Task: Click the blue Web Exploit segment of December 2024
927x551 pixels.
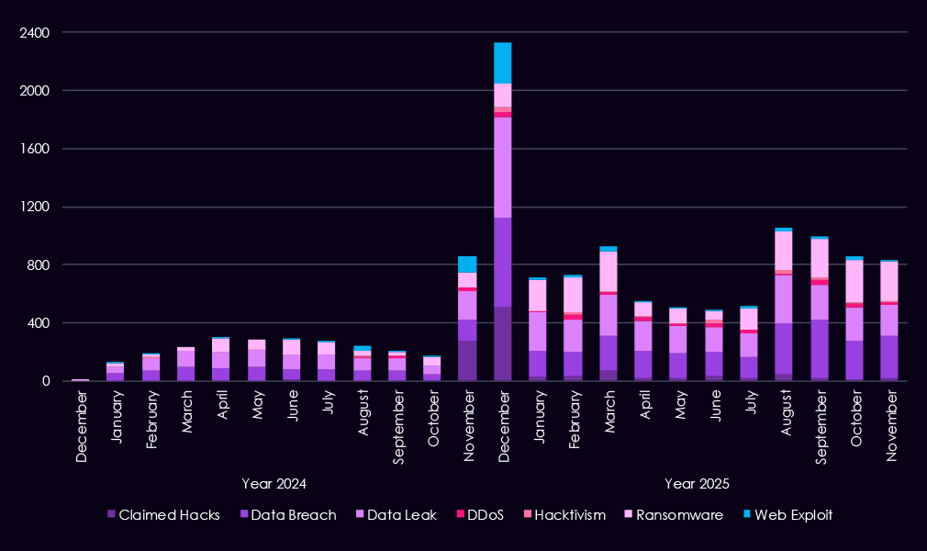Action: click(x=502, y=62)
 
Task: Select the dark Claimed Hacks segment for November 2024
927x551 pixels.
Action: click(x=467, y=360)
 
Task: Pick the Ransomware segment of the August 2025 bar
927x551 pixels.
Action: click(x=783, y=251)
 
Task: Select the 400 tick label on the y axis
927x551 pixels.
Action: click(x=38, y=323)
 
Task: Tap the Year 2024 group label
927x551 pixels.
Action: click(x=274, y=483)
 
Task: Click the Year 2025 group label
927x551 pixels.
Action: click(x=697, y=483)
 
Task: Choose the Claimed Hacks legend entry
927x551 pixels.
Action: click(x=169, y=515)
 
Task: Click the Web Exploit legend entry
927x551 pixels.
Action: click(x=791, y=515)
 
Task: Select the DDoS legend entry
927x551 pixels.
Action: click(x=484, y=515)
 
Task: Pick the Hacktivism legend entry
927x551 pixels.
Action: click(x=569, y=515)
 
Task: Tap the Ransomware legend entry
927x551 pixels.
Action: click(x=682, y=515)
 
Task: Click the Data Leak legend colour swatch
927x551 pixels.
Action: click(x=359, y=515)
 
